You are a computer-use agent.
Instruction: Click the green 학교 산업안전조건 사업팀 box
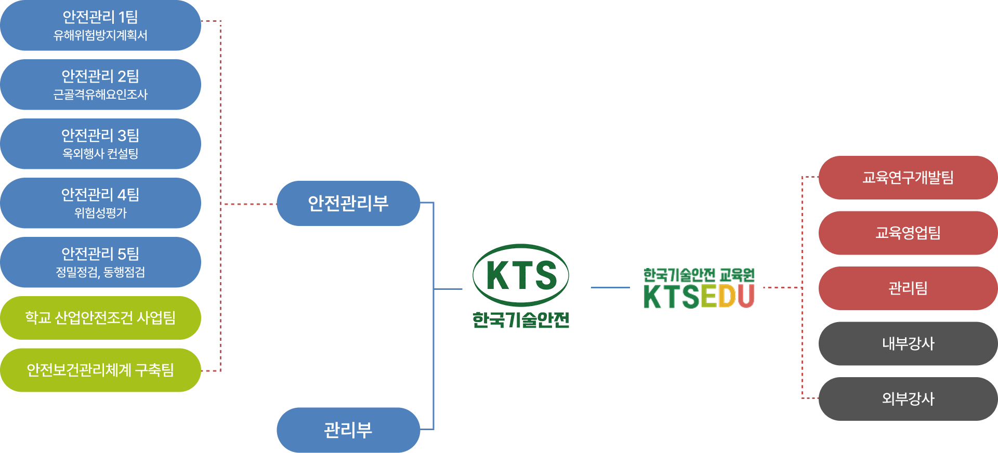100,318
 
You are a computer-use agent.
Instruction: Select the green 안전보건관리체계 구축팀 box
100,370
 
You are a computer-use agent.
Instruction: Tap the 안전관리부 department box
348,203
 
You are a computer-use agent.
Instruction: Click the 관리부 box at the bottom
348,430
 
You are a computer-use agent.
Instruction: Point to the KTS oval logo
521,275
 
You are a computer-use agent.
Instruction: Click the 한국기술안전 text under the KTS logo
521,319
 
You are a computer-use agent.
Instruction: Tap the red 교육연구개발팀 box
908,178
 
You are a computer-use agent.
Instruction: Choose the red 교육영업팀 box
908,233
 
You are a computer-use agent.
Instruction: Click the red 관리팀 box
908,288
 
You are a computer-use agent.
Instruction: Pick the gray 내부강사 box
908,343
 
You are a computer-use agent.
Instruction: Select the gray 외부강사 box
908,398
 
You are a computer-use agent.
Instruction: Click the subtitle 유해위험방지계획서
100,36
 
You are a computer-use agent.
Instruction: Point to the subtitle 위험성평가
100,213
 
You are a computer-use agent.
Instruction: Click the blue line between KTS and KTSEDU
610,287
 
